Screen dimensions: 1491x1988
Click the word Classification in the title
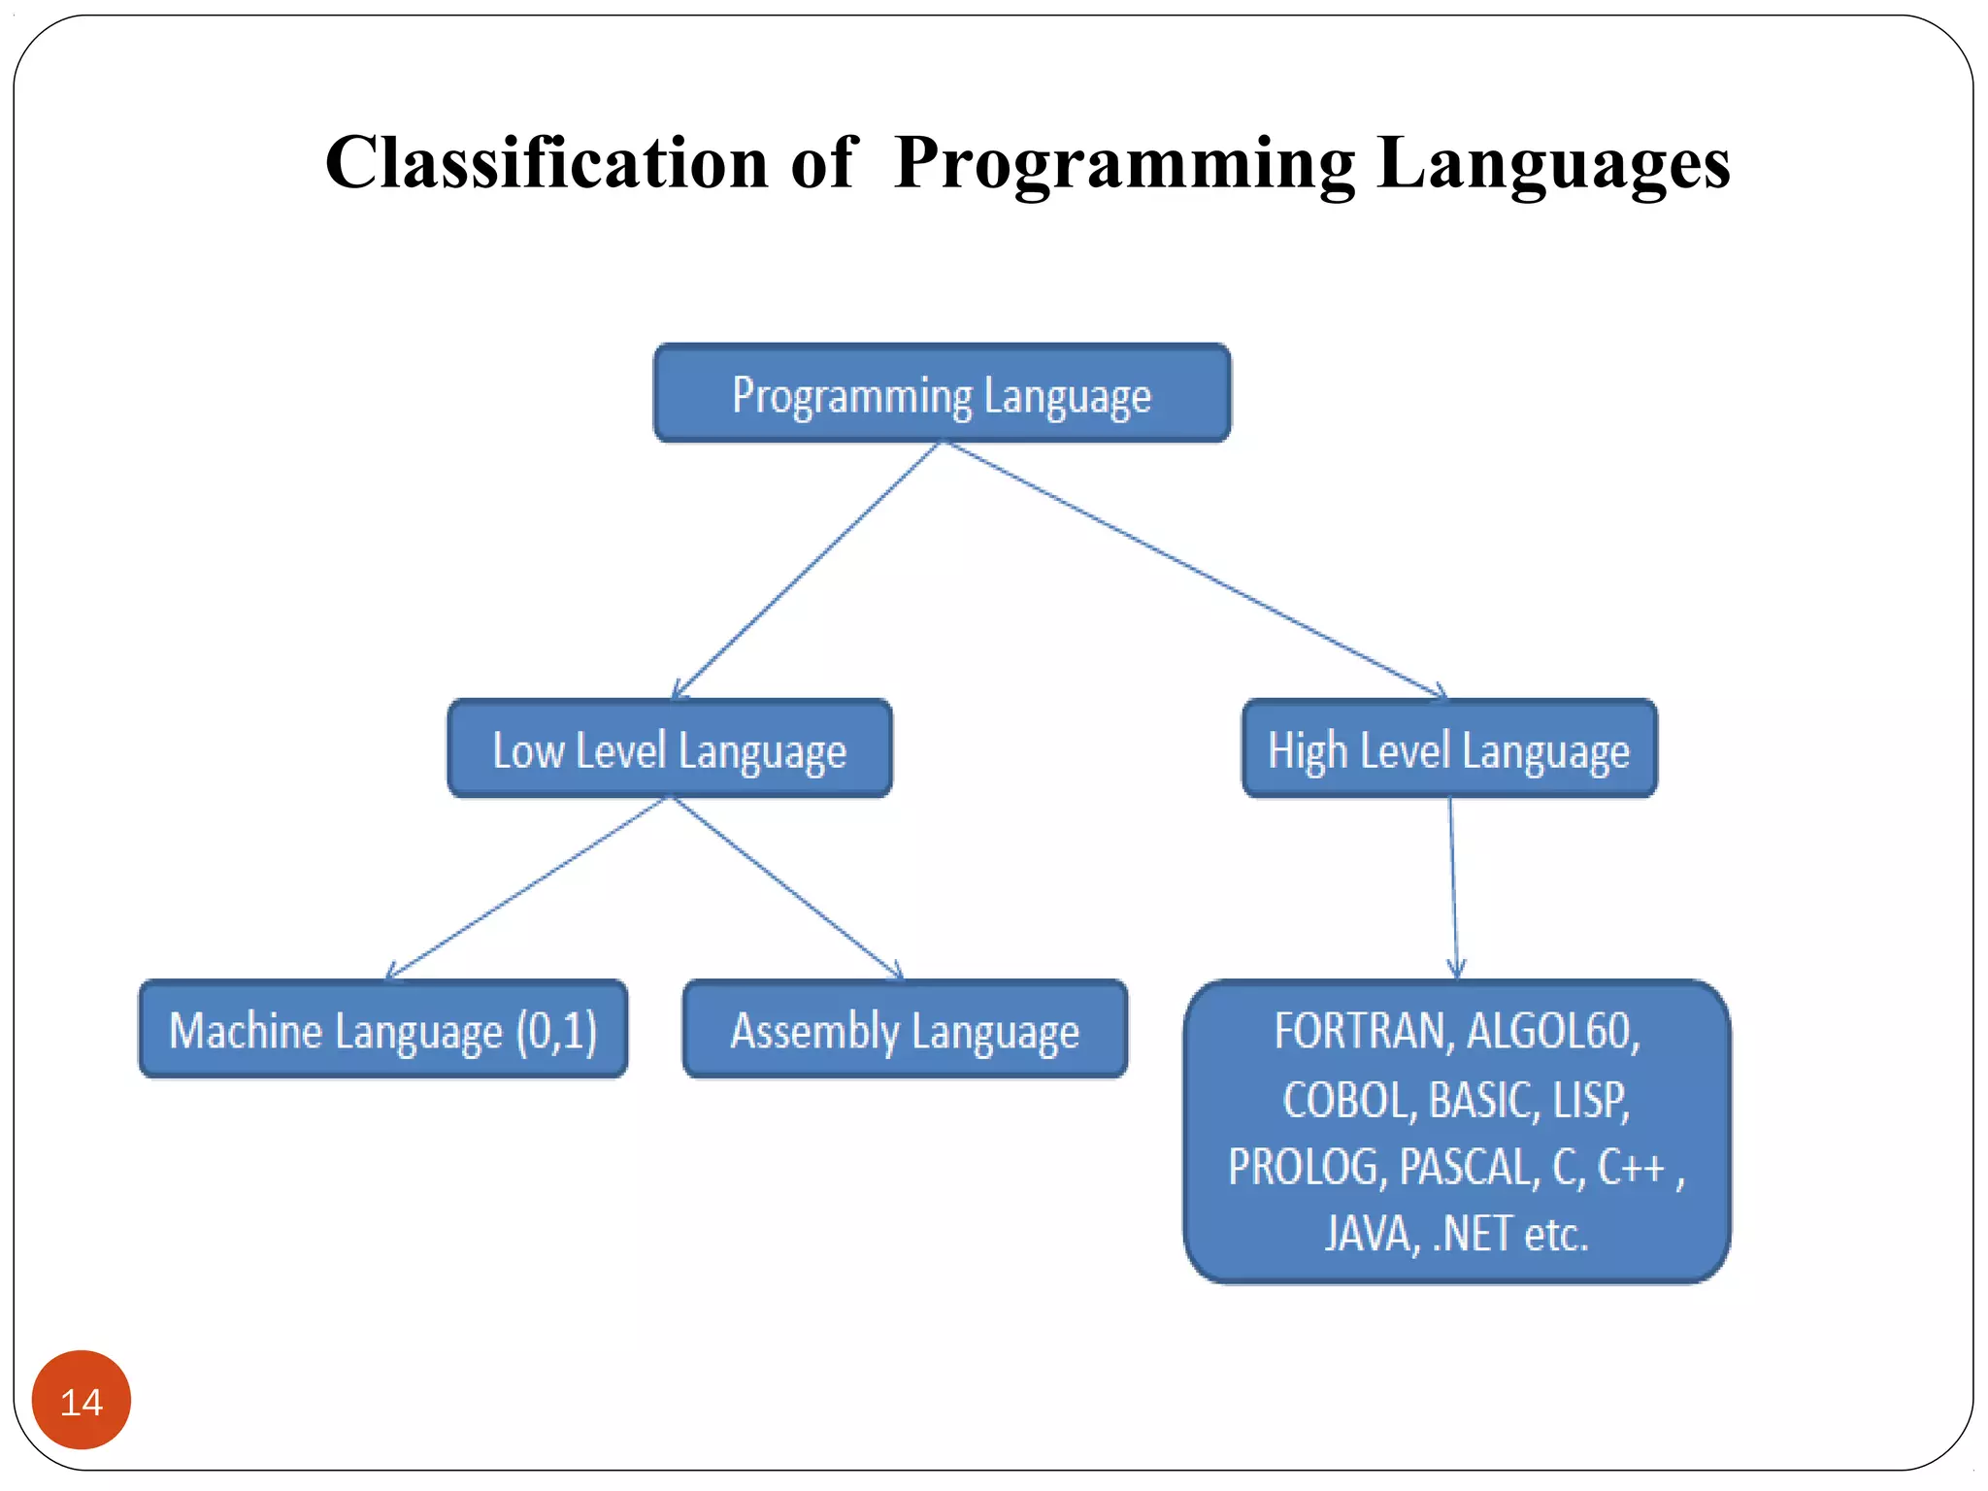[546, 163]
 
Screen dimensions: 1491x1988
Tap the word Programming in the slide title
[1124, 163]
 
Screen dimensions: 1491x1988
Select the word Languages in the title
[1553, 163]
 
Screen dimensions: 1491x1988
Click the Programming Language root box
[942, 394]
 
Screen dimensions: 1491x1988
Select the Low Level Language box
[669, 749]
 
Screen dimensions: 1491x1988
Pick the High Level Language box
[1448, 749]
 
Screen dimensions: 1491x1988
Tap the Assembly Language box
[905, 1030]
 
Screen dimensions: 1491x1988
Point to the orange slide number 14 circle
[82, 1400]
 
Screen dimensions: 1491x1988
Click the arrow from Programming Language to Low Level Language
[806, 571]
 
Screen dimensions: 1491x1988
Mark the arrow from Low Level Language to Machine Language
[524, 889]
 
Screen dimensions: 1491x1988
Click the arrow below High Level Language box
[1453, 888]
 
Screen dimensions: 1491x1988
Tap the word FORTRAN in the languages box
[1362, 1031]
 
